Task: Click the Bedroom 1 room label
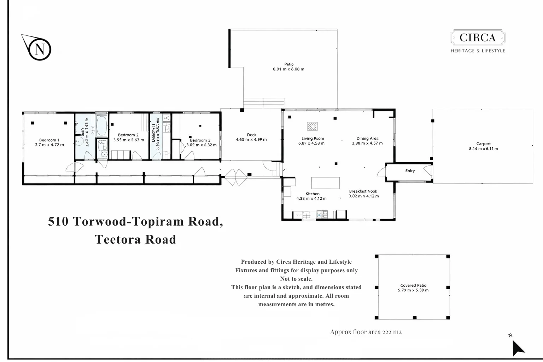click(49, 140)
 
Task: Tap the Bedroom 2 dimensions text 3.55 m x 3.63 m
click(128, 140)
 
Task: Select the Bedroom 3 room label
click(200, 140)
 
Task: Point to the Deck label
click(252, 135)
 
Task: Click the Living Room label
click(313, 139)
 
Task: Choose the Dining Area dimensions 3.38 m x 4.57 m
click(367, 143)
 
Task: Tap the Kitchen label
click(313, 194)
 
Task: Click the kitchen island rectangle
click(325, 183)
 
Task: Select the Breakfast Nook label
click(363, 191)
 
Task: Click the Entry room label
click(410, 171)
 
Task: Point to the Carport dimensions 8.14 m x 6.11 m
click(483, 148)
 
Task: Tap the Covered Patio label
click(413, 285)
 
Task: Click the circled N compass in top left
click(40, 49)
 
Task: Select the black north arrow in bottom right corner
click(518, 348)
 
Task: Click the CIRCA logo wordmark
click(477, 37)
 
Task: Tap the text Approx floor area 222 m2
click(366, 332)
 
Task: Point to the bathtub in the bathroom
click(102, 126)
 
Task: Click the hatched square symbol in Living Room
click(312, 126)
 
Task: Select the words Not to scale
click(296, 279)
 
